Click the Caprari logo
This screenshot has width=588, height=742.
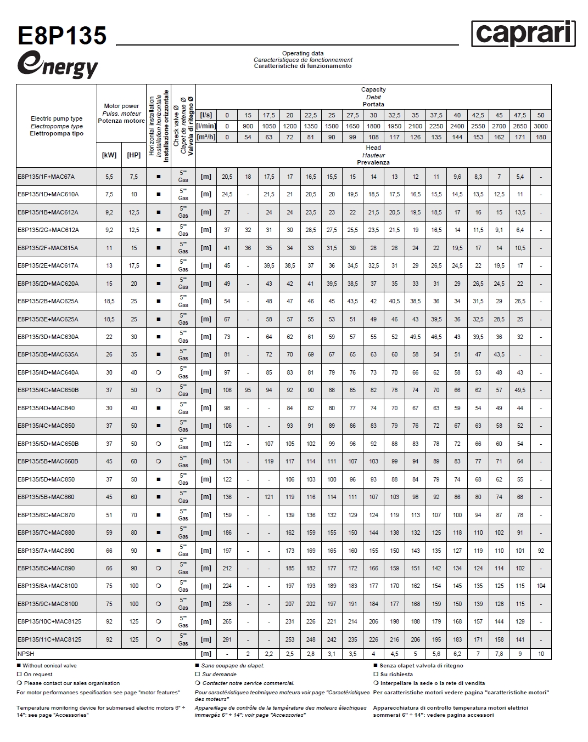[523, 34]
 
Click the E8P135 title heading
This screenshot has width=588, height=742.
[62, 36]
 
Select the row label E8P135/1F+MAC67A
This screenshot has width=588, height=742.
[46, 177]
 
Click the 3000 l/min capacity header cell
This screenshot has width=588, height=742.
[541, 126]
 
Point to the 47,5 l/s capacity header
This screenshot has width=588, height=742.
[520, 115]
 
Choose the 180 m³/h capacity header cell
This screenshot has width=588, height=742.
[541, 137]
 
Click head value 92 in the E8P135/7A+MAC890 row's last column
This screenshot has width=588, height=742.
[541, 551]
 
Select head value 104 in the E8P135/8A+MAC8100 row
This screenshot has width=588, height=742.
[541, 586]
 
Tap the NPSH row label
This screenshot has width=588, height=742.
[25, 654]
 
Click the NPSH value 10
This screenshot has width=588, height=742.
[541, 654]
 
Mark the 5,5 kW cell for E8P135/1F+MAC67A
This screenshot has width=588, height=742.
[109, 177]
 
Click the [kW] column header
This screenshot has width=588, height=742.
[109, 155]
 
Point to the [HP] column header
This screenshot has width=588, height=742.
[134, 155]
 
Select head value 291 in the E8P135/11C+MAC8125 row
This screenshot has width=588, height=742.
[227, 639]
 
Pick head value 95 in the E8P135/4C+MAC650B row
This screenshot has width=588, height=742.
[248, 390]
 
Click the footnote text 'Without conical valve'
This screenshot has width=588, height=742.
[50, 666]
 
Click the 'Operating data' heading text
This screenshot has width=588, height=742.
[303, 54]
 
